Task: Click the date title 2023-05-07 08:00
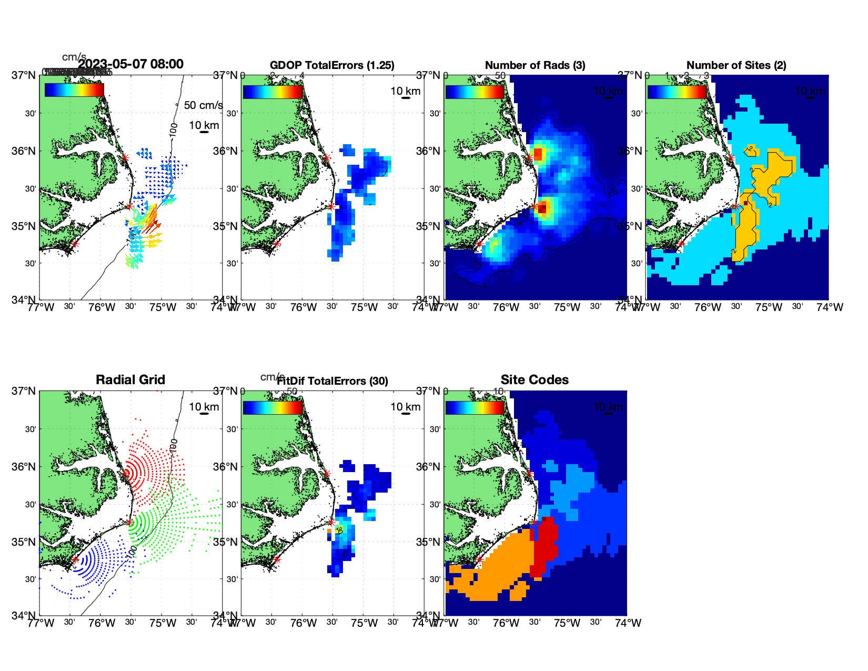(130, 64)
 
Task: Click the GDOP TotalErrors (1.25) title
(332, 65)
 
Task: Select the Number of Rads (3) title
(535, 65)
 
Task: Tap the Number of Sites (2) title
(736, 65)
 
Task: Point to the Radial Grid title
(130, 380)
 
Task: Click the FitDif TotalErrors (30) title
(332, 381)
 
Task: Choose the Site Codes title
(534, 380)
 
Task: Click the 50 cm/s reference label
(203, 105)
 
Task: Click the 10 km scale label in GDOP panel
(405, 91)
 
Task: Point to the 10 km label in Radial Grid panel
(204, 407)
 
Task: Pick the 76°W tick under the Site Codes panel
(506, 623)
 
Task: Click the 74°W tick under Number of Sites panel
(830, 307)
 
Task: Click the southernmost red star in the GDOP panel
(277, 244)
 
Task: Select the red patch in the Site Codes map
(546, 547)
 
